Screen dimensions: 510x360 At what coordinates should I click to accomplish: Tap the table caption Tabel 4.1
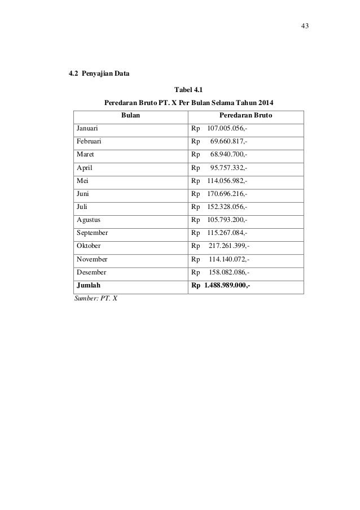pyautogui.click(x=188, y=89)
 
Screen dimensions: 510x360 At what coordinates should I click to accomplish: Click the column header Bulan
pyautogui.click(x=131, y=116)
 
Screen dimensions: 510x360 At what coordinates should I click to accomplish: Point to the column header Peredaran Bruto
pyautogui.click(x=247, y=116)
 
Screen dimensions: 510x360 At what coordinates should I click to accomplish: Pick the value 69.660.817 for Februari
pyautogui.click(x=228, y=142)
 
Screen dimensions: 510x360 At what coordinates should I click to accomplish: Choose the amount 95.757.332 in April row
pyautogui.click(x=228, y=168)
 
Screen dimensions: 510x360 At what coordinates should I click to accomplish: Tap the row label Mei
pyautogui.click(x=82, y=181)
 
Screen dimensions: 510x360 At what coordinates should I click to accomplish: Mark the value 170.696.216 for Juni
pyautogui.click(x=227, y=194)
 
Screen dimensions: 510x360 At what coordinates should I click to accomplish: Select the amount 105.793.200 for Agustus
pyautogui.click(x=227, y=220)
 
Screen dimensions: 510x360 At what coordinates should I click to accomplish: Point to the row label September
pyautogui.click(x=93, y=233)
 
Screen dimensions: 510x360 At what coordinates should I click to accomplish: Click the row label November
pyautogui.click(x=92, y=259)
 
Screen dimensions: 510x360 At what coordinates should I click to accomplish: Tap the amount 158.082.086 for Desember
pyautogui.click(x=229, y=272)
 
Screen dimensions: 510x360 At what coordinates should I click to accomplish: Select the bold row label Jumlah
pyautogui.click(x=89, y=285)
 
